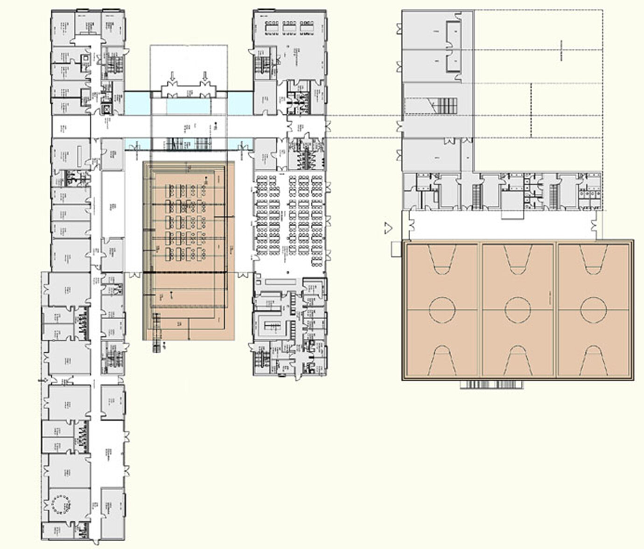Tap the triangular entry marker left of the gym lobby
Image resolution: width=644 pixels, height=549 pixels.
pyautogui.click(x=387, y=227)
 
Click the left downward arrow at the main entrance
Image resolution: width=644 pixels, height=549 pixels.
pyautogui.click(x=172, y=76)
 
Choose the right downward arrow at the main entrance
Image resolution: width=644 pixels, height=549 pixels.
pyautogui.click(x=204, y=76)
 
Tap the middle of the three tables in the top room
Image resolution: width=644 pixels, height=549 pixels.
pyautogui.click(x=289, y=28)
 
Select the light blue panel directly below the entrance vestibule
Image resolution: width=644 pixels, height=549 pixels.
pyautogui.click(x=187, y=107)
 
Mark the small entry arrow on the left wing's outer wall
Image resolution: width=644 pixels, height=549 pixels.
pyautogui.click(x=40, y=381)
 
